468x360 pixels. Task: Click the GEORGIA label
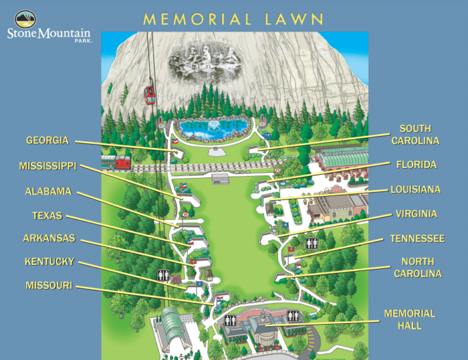47,141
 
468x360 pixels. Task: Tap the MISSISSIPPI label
48,166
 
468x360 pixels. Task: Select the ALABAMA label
48,191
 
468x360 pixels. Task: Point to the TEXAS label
47,216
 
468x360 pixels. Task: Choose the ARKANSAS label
49,238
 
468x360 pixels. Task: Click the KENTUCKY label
49,262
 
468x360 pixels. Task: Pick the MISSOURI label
49,286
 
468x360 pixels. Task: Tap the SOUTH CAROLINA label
415,135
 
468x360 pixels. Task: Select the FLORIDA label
416,164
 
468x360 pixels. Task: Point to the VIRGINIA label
416,214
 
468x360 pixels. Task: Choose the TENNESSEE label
417,238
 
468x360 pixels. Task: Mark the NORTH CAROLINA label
417,267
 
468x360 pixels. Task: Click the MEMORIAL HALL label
409,319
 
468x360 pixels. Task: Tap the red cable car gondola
149,94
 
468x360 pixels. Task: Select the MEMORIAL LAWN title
233,19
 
